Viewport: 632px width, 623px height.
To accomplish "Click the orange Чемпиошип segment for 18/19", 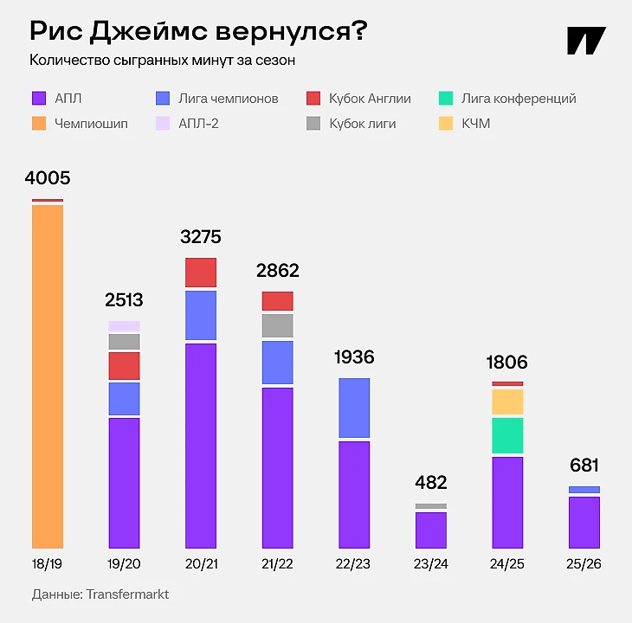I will (x=48, y=376).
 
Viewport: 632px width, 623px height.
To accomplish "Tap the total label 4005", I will (x=48, y=179).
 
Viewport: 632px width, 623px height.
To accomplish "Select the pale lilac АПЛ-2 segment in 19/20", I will (x=124, y=326).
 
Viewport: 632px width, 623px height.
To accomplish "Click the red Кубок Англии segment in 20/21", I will (x=201, y=273).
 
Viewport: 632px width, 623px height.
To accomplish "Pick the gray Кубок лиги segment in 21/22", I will (x=277, y=325).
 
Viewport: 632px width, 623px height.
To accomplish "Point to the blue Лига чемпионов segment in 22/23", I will (x=354, y=408).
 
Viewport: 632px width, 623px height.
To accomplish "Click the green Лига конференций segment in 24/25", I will (x=507, y=436).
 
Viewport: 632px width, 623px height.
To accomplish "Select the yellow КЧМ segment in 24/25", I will (x=507, y=401).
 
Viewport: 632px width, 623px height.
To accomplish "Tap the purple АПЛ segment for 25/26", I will (x=584, y=522).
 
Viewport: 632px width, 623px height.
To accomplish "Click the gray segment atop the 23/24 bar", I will (x=431, y=506).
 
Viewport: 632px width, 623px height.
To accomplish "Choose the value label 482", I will (x=431, y=483).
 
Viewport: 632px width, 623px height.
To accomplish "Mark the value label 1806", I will (x=507, y=363).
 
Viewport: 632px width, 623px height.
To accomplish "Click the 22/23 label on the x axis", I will (x=354, y=564).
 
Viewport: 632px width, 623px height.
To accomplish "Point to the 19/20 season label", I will (x=124, y=564).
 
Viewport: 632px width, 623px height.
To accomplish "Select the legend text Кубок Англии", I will (x=370, y=99).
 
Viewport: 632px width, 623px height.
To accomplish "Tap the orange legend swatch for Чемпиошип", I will (x=38, y=124).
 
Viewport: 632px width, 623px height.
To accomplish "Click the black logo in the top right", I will (x=586, y=42).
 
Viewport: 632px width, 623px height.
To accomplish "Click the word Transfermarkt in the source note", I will (x=127, y=595).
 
